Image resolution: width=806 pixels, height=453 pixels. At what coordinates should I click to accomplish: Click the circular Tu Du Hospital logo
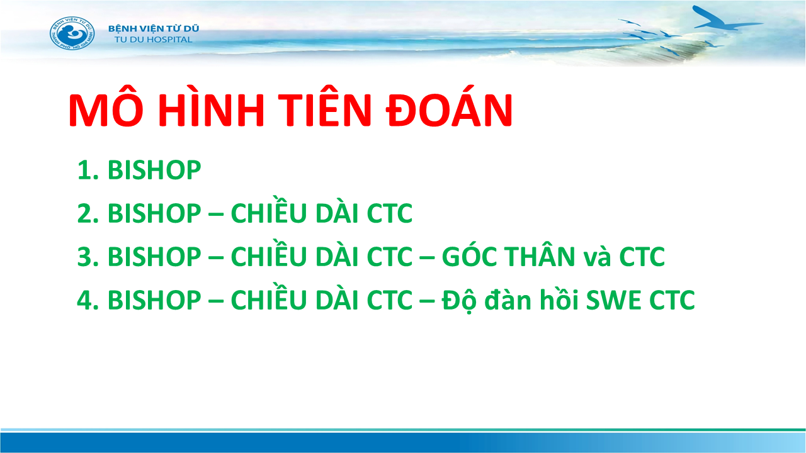pos(72,33)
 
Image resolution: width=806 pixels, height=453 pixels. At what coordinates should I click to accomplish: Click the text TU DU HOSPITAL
pos(154,40)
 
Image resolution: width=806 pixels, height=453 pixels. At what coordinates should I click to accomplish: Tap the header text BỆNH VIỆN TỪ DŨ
pos(154,28)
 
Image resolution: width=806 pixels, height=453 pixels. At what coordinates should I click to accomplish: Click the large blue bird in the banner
pos(724,20)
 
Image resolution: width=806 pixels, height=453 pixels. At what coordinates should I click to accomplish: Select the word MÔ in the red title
pos(106,109)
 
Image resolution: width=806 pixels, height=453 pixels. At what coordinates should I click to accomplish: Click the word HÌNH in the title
pos(212,108)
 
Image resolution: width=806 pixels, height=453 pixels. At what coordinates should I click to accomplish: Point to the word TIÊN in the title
pos(324,108)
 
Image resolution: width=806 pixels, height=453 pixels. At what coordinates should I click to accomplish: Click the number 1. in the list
pos(88,170)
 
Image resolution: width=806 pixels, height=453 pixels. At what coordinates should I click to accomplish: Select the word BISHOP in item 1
pos(154,170)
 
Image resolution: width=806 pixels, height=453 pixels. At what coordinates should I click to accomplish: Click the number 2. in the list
pos(88,213)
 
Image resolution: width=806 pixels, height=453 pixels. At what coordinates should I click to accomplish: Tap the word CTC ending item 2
pos(390,213)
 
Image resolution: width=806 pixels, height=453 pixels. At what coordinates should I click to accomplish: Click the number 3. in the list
pos(88,257)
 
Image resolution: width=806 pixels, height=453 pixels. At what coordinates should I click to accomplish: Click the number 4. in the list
pos(88,300)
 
